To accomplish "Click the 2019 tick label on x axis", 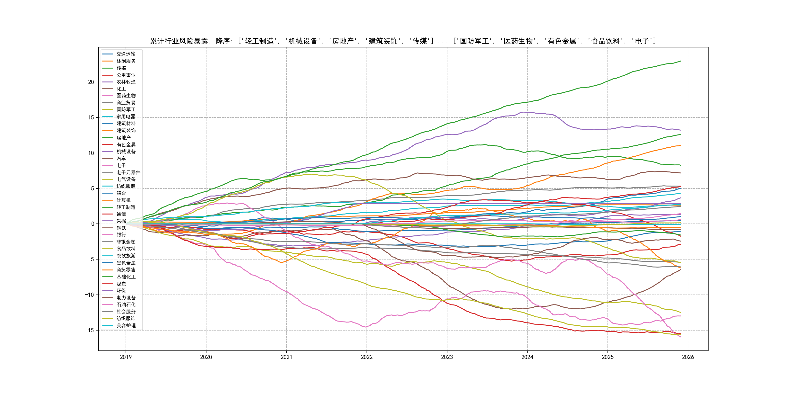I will point(126,357).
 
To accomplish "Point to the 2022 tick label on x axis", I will point(367,357).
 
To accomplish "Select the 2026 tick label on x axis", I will point(688,357).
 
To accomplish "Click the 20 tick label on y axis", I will point(91,82).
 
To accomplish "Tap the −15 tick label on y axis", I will point(89,330).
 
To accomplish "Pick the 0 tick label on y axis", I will point(93,224).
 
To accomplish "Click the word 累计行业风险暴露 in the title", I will point(179,41).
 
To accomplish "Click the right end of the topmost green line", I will point(680,61).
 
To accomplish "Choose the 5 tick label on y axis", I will point(93,188).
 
